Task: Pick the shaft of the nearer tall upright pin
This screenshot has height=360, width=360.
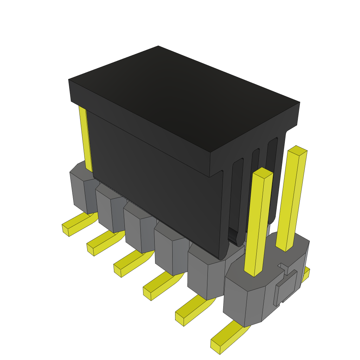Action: pyautogui.click(x=258, y=225)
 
